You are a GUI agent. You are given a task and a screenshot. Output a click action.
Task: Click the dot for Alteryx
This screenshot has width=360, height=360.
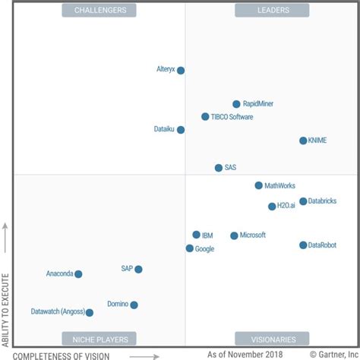click(181, 71)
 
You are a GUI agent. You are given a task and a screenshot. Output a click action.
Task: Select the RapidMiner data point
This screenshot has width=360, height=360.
click(236, 104)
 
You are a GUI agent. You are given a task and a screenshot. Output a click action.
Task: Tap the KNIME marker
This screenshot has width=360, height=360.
click(303, 141)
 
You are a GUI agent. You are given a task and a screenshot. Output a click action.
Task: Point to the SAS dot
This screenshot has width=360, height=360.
click(219, 168)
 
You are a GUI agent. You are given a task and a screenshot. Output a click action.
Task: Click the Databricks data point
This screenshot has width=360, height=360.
click(303, 201)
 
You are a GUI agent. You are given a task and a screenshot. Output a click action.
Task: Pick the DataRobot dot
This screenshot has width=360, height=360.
click(303, 245)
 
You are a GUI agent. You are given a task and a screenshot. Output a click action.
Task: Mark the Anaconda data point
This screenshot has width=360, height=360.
click(78, 274)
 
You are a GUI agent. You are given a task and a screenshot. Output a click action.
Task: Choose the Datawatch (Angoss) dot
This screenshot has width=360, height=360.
click(90, 312)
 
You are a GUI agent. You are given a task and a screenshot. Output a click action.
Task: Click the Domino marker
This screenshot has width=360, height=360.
click(134, 305)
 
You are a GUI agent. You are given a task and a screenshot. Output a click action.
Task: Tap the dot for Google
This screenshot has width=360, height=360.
click(190, 248)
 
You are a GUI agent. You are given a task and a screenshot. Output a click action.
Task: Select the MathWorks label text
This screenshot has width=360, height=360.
click(280, 185)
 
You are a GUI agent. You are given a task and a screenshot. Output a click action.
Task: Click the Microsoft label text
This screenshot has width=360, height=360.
click(253, 235)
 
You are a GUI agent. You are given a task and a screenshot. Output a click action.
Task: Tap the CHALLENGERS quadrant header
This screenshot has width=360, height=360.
click(100, 10)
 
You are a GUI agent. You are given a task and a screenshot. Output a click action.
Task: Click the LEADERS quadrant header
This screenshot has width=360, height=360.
click(272, 10)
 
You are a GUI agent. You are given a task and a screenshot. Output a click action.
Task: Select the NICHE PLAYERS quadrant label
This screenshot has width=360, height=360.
click(100, 339)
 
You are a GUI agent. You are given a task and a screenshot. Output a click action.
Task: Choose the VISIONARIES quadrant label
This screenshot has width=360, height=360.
click(272, 339)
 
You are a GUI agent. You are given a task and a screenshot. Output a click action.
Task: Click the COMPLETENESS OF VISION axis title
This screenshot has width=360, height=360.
click(62, 355)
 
